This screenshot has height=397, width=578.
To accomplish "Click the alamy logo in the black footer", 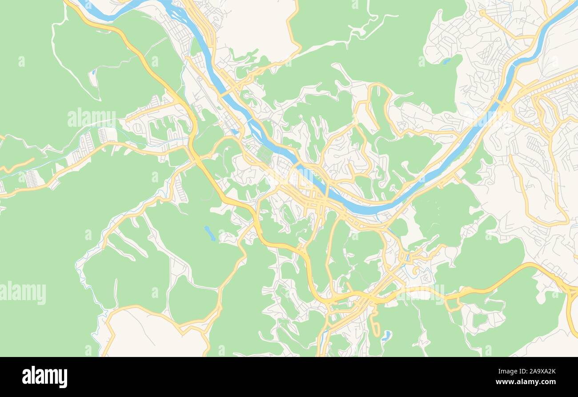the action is point(44,377).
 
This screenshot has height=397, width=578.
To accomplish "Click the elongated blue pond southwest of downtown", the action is point(210,233).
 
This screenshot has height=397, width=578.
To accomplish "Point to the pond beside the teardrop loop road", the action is point(386,335).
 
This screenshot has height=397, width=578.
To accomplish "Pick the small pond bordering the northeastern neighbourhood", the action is point(446,61).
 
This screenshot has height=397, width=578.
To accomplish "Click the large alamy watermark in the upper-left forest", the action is point(92,117).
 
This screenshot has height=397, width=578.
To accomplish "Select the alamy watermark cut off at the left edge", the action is point(22,293).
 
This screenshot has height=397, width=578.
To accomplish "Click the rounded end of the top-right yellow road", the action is point(482,12).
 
